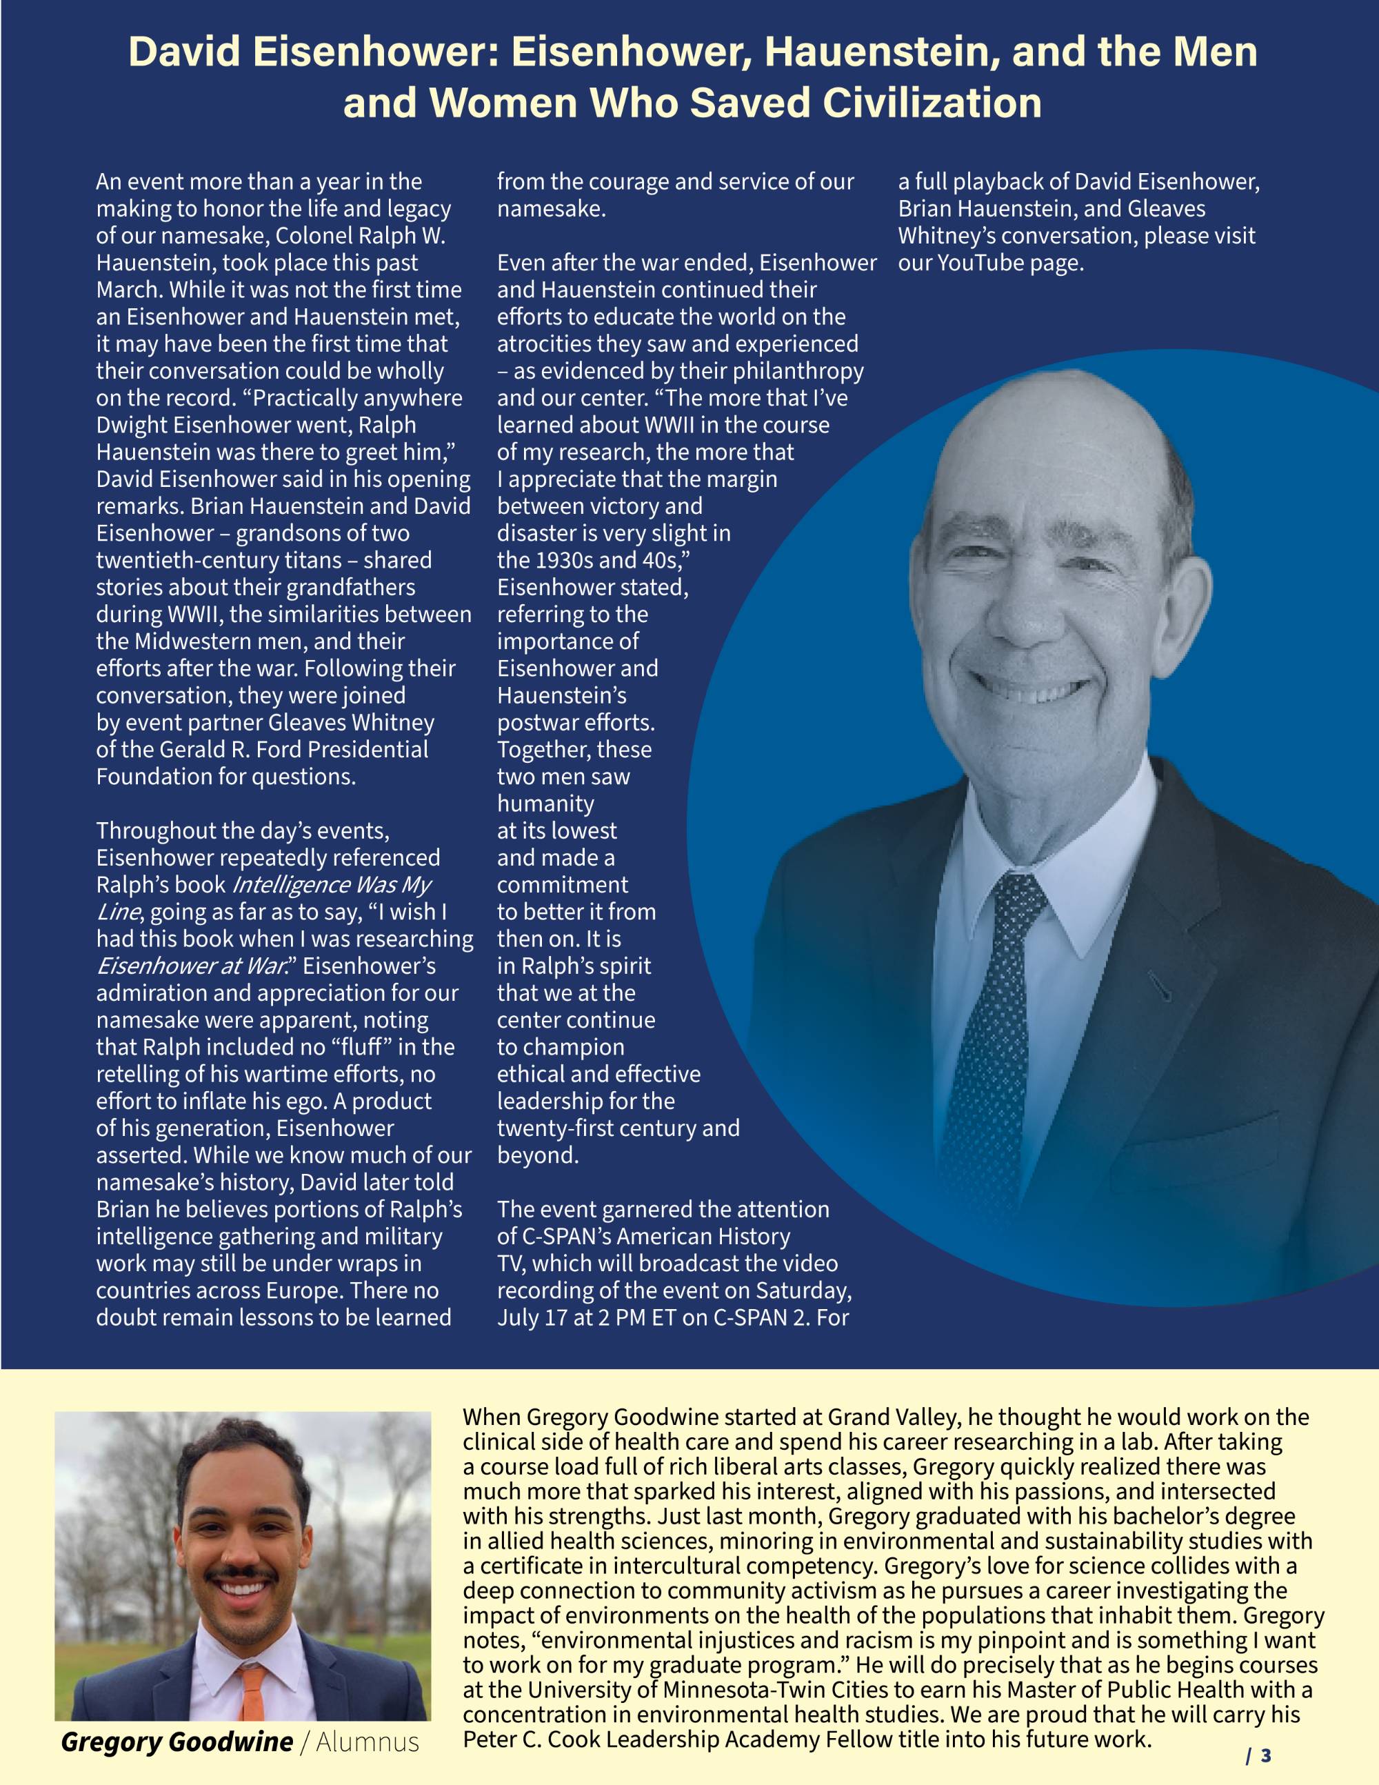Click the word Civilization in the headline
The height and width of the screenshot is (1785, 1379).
[x=931, y=103]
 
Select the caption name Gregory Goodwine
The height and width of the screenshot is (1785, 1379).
[x=177, y=1742]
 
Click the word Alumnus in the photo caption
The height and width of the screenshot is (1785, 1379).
[x=367, y=1742]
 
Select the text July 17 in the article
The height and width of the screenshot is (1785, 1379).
[x=533, y=1317]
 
